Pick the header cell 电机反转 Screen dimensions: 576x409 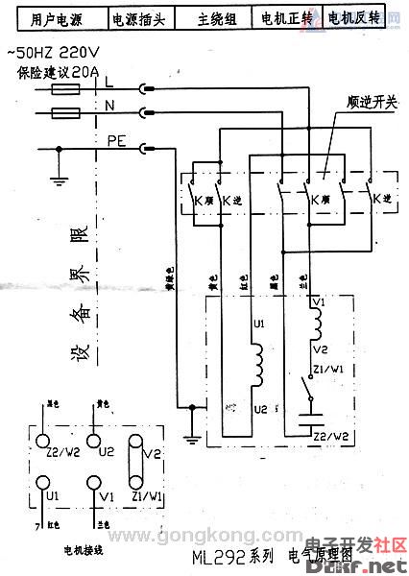(352, 18)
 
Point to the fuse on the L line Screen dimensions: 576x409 (64, 89)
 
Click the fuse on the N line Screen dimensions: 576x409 (64, 113)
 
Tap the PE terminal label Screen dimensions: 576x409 (118, 141)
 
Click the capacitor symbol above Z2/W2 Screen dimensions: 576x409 (308, 418)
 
